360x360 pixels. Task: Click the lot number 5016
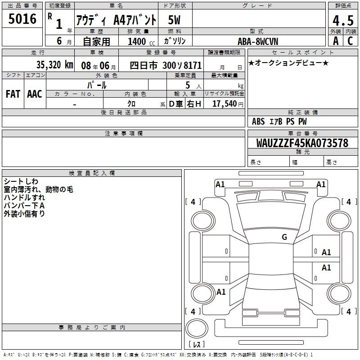coord(22,18)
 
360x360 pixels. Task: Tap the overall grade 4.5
coord(343,20)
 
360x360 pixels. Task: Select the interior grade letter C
coord(350,41)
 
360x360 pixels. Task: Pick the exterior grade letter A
coord(336,41)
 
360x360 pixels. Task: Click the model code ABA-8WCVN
coord(258,41)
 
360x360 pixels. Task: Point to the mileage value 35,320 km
coord(54,65)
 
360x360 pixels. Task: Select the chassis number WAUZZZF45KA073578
coord(302,143)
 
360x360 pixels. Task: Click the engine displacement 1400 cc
coord(141,41)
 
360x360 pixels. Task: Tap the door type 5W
coord(174,20)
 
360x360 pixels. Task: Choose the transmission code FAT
coord(13,94)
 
